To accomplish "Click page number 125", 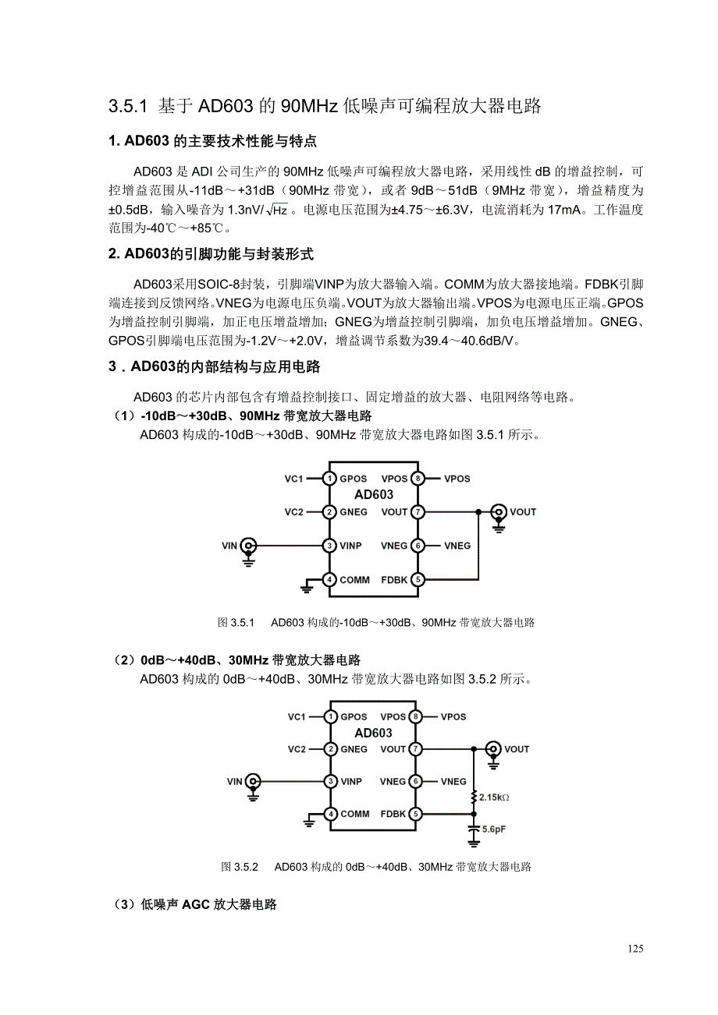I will tap(634, 949).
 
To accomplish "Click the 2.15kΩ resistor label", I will tap(494, 797).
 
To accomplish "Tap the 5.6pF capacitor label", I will tap(493, 829).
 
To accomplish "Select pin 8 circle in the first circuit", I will tap(418, 478).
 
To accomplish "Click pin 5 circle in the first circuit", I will tap(418, 579).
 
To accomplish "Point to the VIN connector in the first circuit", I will tap(248, 545).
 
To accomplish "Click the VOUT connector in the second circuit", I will tap(492, 748).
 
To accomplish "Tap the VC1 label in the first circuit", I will tap(293, 479).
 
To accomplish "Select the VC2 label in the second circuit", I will tap(297, 749).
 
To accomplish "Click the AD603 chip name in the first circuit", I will tap(374, 495).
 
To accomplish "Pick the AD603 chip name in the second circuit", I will tap(373, 733).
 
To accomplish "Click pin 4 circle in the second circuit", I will tap(331, 814).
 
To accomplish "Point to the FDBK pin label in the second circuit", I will tap(393, 814).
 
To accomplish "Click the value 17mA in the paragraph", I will tap(564, 209).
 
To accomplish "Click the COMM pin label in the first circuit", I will tap(355, 579).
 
